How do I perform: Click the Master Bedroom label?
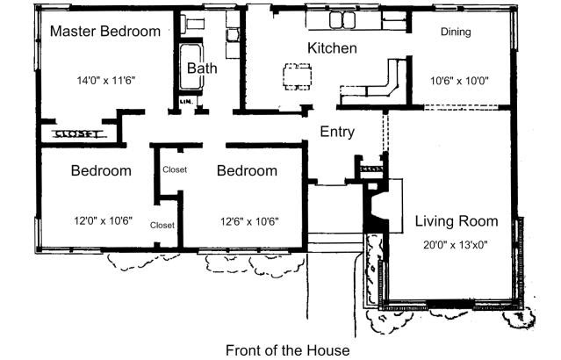coord(105,32)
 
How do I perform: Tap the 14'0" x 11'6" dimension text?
coord(105,80)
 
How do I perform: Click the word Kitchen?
coord(332,48)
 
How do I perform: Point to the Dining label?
coord(456,32)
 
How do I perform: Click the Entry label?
coord(337,133)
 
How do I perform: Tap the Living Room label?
coord(457,221)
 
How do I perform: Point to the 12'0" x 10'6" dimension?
coord(103,222)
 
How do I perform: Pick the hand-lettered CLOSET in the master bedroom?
coord(78,134)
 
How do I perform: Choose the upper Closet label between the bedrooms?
coord(175,169)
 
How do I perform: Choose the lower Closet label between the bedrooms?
coord(162,225)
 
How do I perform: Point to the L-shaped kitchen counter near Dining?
coord(378,88)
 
